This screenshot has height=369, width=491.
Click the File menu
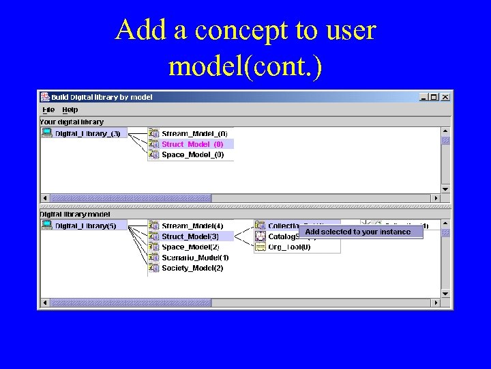point(48,109)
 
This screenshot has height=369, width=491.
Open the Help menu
point(70,109)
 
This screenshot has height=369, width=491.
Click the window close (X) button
point(445,97)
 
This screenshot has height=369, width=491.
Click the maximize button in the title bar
point(434,97)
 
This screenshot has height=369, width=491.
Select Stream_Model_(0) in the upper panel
point(194,133)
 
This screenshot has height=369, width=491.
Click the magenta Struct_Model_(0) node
point(192,144)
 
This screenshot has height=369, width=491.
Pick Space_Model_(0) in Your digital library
point(192,154)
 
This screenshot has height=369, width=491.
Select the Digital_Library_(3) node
point(87,133)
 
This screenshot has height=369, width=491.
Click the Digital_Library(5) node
point(85,225)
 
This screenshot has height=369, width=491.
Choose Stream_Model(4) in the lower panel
point(192,225)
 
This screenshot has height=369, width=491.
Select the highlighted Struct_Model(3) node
point(190,236)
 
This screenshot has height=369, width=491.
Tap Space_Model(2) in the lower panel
point(190,247)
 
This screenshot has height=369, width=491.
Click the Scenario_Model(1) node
point(195,258)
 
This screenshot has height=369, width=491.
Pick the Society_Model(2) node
point(192,268)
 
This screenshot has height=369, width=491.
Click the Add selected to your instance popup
point(358,232)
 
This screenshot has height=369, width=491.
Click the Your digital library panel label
point(72,122)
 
